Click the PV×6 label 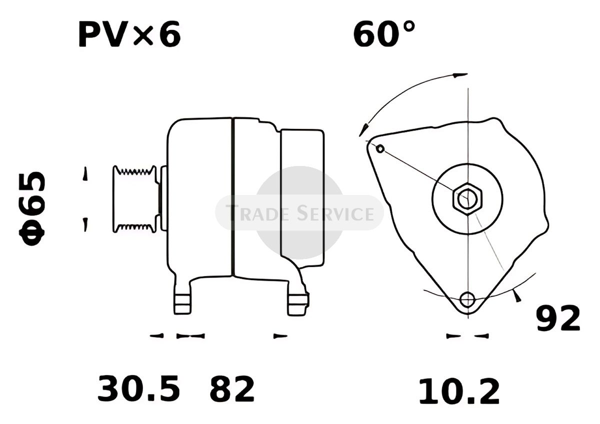coord(129,34)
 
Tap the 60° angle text coord(384,33)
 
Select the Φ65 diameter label coord(32,208)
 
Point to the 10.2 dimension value coord(459,391)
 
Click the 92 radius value coord(558,318)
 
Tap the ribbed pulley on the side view coord(134,199)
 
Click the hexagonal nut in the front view coord(467,199)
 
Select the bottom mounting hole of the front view coord(467,299)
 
